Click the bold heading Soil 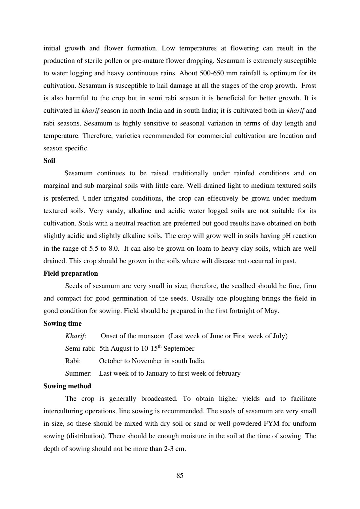[x=49, y=161]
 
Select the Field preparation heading [x=71, y=273]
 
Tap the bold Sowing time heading [x=62, y=323]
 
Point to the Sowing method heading [x=67, y=386]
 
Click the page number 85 [x=180, y=476]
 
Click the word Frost [x=309, y=86]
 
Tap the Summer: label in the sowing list [x=78, y=373]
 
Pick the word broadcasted [x=159, y=399]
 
